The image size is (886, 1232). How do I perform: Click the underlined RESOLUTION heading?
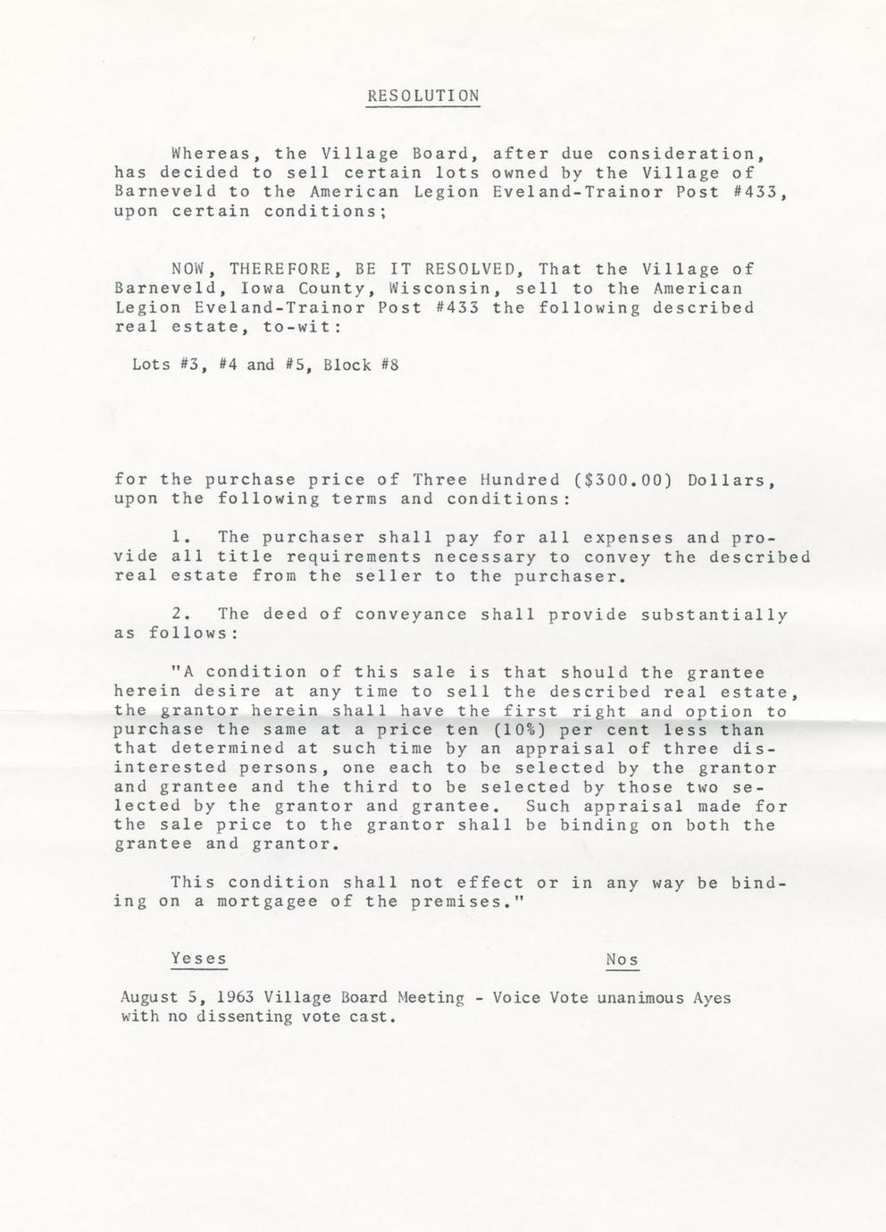click(422, 96)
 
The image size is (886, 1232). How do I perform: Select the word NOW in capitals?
click(188, 269)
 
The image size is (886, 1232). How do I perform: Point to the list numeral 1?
click(177, 537)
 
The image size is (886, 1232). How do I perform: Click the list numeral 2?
click(177, 614)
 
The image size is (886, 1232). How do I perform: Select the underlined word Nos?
click(622, 960)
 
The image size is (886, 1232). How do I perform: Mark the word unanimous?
click(642, 997)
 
